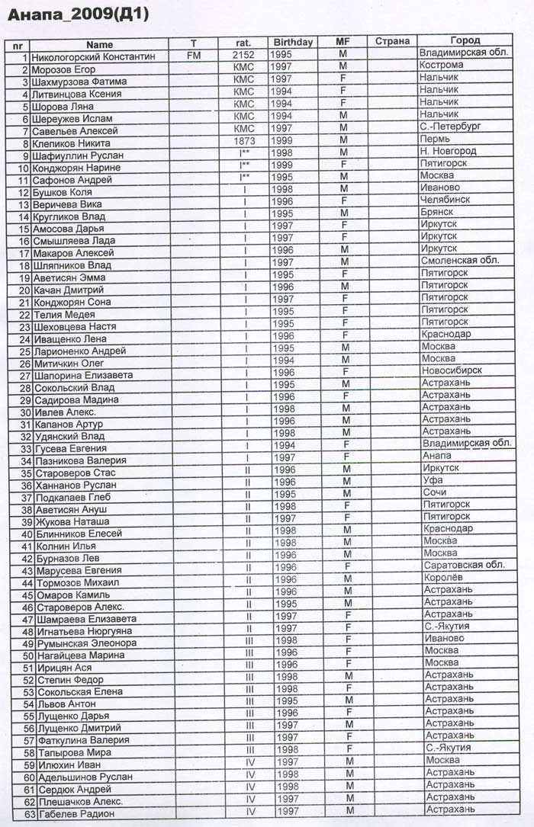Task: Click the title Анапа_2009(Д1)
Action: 78,14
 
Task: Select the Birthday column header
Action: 293,43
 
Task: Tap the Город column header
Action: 465,40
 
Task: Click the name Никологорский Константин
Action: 94,56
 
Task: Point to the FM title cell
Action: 193,56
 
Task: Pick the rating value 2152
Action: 243,55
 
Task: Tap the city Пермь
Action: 436,139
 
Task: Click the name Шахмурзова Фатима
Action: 80,82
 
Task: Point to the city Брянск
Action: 437,212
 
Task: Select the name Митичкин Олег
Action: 69,364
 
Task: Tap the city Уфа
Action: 433,480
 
